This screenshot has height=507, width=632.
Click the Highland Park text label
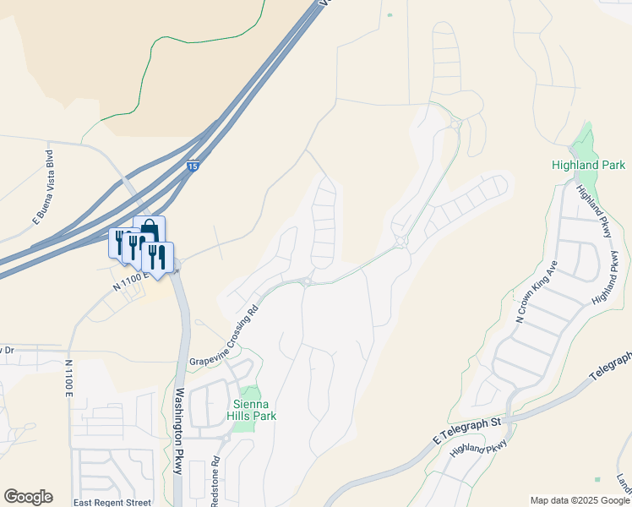pyautogui.click(x=587, y=166)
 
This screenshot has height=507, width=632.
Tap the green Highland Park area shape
pyautogui.click(x=583, y=139)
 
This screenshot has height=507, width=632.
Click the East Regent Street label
pyautogui.click(x=112, y=503)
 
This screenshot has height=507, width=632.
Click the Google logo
pyautogui.click(x=28, y=497)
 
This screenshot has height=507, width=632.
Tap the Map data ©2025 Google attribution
pyautogui.click(x=580, y=500)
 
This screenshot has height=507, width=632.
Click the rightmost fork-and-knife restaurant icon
pyautogui.click(x=157, y=255)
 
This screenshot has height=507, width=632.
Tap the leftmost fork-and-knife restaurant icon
pyautogui.click(x=119, y=241)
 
